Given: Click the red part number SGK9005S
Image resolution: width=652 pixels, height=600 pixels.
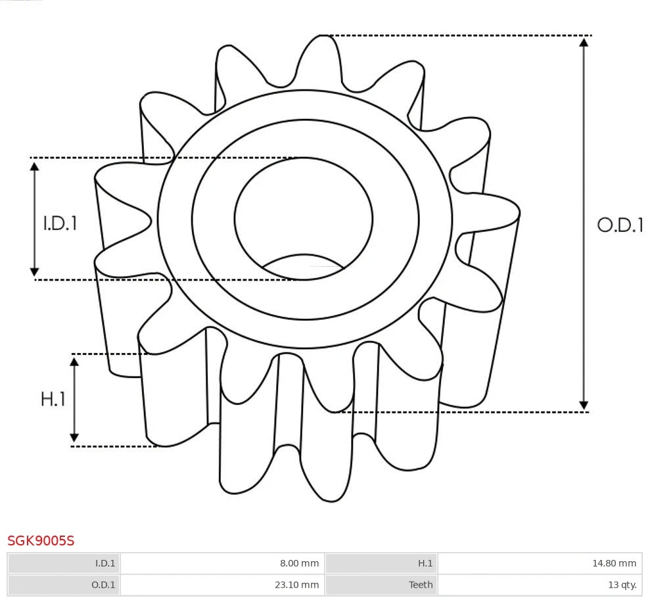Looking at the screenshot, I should [x=41, y=541].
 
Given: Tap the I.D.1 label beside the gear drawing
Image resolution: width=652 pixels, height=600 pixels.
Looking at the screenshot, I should [x=60, y=223].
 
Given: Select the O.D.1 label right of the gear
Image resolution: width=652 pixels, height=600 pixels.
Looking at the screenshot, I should [x=620, y=225].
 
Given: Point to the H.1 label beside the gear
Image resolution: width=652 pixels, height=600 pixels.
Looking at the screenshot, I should [x=53, y=399].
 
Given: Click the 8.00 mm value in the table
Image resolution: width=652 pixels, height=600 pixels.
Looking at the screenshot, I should [x=299, y=563].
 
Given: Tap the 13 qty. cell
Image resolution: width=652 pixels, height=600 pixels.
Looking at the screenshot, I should [x=622, y=584].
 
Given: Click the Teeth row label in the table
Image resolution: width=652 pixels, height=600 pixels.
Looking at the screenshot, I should [x=421, y=584].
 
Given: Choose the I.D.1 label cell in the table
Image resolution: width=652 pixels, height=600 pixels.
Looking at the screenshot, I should [x=105, y=563].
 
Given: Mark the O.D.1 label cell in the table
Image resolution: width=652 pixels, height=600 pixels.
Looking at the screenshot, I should [x=104, y=584].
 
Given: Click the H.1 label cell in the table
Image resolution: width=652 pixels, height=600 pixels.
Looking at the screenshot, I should [x=425, y=563].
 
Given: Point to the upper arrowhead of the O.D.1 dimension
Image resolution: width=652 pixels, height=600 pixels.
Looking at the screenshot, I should [x=584, y=42].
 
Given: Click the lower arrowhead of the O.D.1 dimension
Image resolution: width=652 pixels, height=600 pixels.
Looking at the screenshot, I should [x=584, y=405].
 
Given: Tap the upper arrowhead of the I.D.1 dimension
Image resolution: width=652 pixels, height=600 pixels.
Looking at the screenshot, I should [x=35, y=166].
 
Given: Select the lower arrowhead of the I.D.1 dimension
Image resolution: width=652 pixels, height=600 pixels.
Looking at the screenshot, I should [x=35, y=271].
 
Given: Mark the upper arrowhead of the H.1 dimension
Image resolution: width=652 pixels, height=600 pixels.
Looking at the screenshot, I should [x=74, y=361].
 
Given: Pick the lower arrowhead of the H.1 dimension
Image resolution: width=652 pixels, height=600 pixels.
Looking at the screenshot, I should [x=74, y=438].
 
